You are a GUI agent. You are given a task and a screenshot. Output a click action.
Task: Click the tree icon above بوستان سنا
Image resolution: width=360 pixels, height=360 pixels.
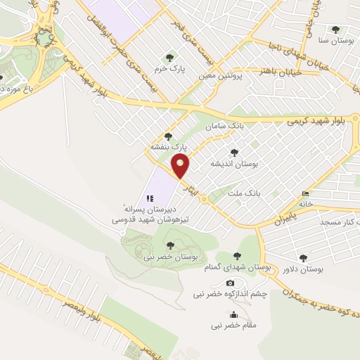click(335, 30)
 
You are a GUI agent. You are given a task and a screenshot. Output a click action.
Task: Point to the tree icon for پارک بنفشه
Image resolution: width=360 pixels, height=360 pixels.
click(167, 136)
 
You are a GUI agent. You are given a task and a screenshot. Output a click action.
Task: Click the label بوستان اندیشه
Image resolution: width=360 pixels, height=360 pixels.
click(235, 163)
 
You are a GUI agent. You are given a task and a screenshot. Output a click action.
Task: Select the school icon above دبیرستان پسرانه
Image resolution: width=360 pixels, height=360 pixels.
click(150, 198)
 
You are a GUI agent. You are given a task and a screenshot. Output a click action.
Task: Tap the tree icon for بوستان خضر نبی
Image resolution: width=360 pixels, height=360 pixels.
click(170, 245)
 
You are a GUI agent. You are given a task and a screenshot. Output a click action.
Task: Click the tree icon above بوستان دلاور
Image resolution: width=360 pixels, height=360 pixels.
click(303, 258)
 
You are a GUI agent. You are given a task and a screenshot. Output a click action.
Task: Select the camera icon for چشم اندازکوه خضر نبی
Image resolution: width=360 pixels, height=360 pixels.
click(230, 283)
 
